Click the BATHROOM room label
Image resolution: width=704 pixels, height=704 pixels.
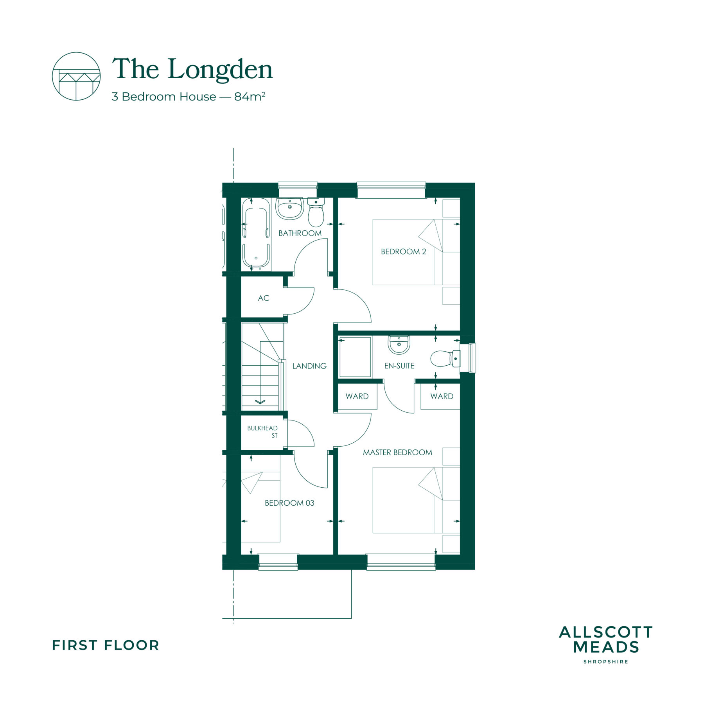click(300, 233)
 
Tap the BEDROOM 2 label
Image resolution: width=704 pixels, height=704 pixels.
click(404, 251)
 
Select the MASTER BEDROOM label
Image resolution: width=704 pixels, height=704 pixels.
click(397, 453)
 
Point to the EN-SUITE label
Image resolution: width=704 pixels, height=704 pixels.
click(399, 366)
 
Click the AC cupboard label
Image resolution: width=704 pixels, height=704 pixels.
click(264, 298)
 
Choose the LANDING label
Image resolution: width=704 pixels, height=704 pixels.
click(309, 366)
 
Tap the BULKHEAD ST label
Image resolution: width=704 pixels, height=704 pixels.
click(262, 432)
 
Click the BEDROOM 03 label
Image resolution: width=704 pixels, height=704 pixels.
click(289, 503)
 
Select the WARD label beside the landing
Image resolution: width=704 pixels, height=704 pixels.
click(357, 396)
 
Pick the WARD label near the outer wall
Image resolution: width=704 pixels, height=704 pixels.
click(442, 396)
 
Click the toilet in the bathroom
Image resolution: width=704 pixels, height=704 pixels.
click(316, 212)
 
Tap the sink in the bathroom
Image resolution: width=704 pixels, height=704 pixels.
click(290, 208)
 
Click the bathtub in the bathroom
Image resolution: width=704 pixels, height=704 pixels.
click(256, 234)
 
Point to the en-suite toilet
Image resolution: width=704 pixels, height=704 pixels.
click(445, 358)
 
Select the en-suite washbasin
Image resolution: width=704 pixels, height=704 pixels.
click(399, 345)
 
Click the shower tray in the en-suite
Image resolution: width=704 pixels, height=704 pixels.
click(355, 357)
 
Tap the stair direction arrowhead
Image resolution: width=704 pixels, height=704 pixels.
click(260, 401)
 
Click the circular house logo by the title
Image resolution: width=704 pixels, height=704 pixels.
click(76, 76)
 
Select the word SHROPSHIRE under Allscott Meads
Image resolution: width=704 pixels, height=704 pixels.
click(605, 662)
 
